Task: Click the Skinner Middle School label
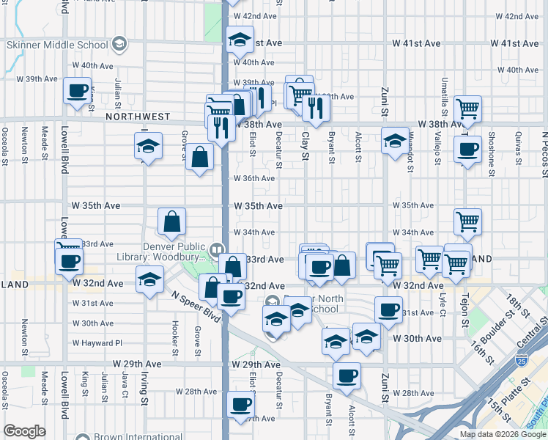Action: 57,45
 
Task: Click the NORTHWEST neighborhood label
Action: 138,117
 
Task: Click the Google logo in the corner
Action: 24,431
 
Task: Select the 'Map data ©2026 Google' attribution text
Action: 503,434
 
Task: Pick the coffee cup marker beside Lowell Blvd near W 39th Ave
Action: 76,92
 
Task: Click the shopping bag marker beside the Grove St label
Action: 199,157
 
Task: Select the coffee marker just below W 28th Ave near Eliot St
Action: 240,404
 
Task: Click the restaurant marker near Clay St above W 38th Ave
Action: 315,107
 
